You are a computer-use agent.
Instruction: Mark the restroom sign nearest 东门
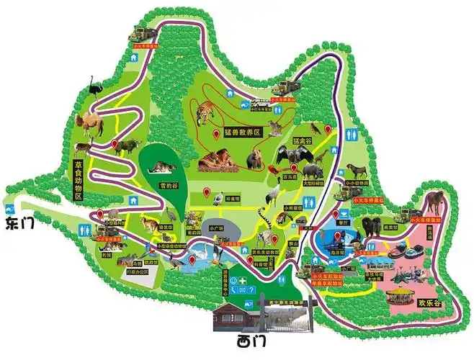point(85,229)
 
